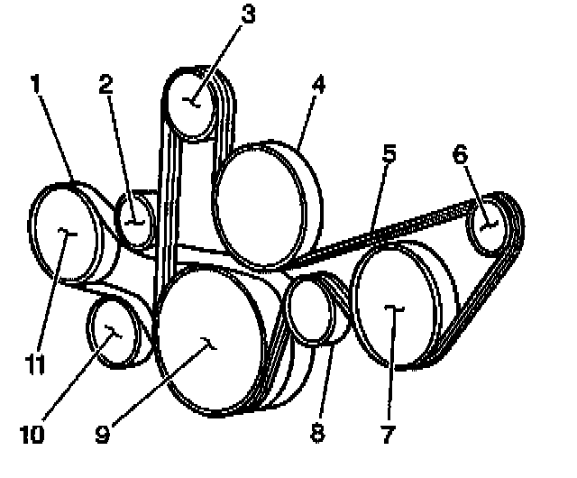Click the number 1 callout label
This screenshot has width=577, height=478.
click(x=35, y=87)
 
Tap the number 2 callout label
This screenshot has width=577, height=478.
click(x=105, y=85)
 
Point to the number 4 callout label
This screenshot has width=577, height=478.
click(x=318, y=86)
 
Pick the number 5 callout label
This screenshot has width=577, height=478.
click(x=389, y=152)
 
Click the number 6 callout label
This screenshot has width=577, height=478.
click(x=460, y=154)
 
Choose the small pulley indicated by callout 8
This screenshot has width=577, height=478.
click(x=308, y=310)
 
